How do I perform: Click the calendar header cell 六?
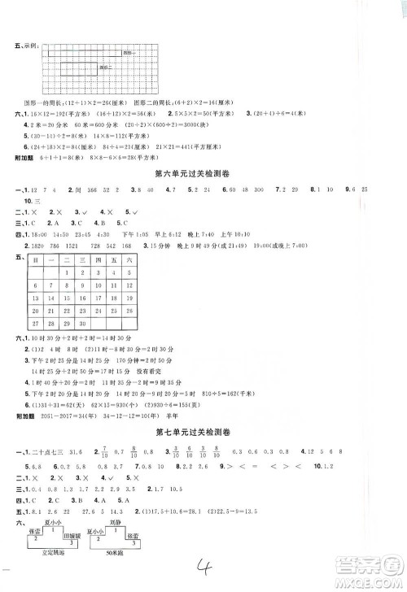point(130,258)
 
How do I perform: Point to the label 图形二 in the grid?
point(103,68)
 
